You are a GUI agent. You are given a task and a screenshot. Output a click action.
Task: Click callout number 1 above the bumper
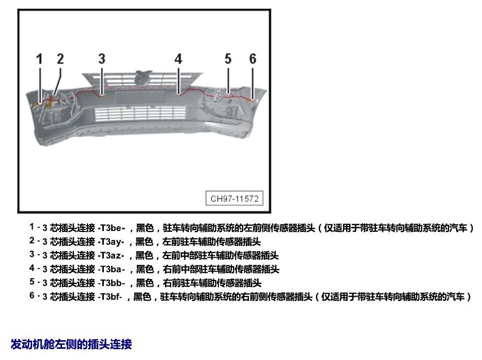coord(39,59)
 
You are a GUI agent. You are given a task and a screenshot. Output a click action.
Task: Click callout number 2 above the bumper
coord(60,58)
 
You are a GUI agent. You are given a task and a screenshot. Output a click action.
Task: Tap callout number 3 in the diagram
coord(102,58)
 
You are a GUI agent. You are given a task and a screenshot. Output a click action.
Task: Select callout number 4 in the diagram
coord(178,58)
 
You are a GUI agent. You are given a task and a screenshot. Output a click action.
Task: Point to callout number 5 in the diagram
coord(228,58)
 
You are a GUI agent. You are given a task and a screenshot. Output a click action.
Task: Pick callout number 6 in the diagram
coord(252,58)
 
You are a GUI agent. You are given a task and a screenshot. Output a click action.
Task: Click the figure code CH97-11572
coord(234,198)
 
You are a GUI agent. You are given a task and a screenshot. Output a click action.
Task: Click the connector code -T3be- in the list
coord(111,228)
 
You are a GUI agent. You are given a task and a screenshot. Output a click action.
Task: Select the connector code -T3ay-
coord(111,242)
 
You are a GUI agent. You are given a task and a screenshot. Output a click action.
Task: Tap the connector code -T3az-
coord(111,255)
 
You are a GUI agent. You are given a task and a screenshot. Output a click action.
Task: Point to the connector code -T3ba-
coord(111,269)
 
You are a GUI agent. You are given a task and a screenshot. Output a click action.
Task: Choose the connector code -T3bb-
coord(111,283)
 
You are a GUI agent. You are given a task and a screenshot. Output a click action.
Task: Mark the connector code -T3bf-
coord(110,296)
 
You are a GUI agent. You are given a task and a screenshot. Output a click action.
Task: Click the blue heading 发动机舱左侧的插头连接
coord(71,344)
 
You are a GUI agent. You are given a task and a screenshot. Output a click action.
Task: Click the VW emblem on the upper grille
coord(142,79)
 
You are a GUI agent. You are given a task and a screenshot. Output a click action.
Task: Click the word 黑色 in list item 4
coord(145,269)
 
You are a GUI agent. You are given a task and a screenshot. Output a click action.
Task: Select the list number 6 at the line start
coord(32,295)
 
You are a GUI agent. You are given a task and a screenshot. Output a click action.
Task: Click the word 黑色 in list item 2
coord(144,242)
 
